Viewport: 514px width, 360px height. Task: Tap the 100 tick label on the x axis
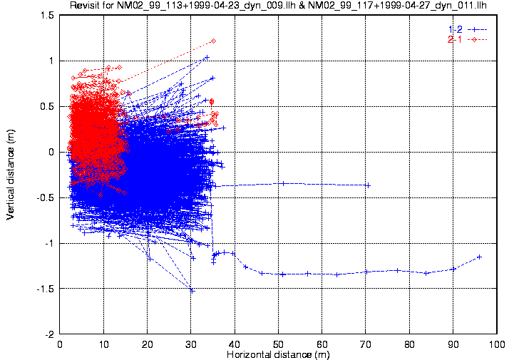(x=497, y=344)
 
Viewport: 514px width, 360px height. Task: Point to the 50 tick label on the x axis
(x=278, y=344)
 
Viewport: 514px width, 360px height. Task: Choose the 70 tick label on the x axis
(x=366, y=344)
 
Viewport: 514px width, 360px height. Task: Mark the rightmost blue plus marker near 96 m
(x=479, y=257)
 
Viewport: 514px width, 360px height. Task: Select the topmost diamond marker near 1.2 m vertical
(x=213, y=41)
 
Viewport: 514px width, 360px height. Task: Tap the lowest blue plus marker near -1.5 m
(x=192, y=290)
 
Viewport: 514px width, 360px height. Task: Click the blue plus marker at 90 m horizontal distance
(x=453, y=269)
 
